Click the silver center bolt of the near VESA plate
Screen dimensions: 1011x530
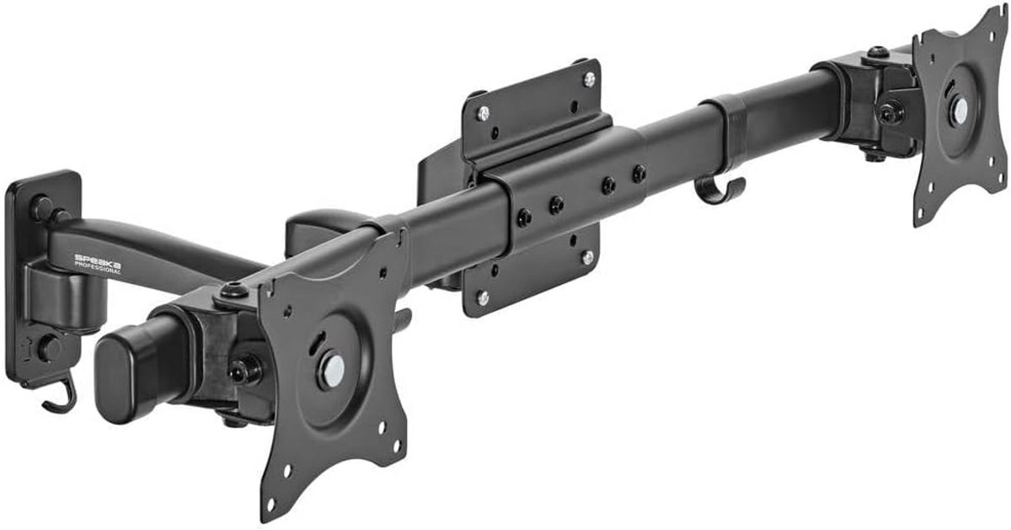pos(334,370)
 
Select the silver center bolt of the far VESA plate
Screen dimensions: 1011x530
pos(960,108)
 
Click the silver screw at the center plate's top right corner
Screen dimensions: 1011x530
pos(589,79)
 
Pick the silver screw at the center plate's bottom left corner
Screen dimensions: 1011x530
pos(483,297)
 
